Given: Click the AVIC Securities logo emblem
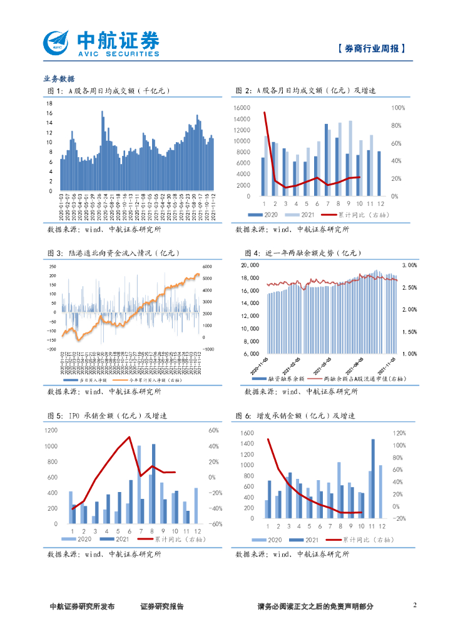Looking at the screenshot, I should pyautogui.click(x=58, y=43).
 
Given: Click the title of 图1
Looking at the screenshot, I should pyautogui.click(x=109, y=91).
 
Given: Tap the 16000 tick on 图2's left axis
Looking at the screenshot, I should pyautogui.click(x=242, y=108).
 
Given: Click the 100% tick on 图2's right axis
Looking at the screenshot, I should pyautogui.click(x=399, y=108).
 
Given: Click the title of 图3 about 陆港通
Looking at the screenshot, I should pyautogui.click(x=113, y=253).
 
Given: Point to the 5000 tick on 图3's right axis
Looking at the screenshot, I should pyautogui.click(x=207, y=277).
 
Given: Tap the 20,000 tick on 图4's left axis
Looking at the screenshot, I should pyautogui.click(x=250, y=265).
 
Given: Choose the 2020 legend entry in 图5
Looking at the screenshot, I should pyautogui.click(x=81, y=538).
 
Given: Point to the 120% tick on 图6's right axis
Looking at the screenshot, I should pyautogui.click(x=399, y=433).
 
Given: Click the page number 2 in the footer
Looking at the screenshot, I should pyautogui.click(x=415, y=605).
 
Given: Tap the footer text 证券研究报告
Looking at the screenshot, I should pyautogui.click(x=162, y=607).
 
